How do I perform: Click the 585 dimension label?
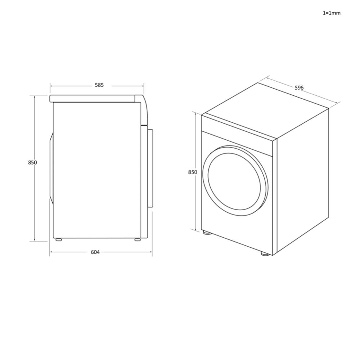99,85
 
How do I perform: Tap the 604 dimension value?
95,252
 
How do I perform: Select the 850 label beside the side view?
32,162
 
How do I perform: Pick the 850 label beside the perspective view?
193,172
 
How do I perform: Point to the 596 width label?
299,87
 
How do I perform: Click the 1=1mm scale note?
331,13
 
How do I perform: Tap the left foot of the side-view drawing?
58,239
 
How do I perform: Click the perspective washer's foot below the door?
207,233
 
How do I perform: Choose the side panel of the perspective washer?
302,180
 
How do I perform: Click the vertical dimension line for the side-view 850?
35,202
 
